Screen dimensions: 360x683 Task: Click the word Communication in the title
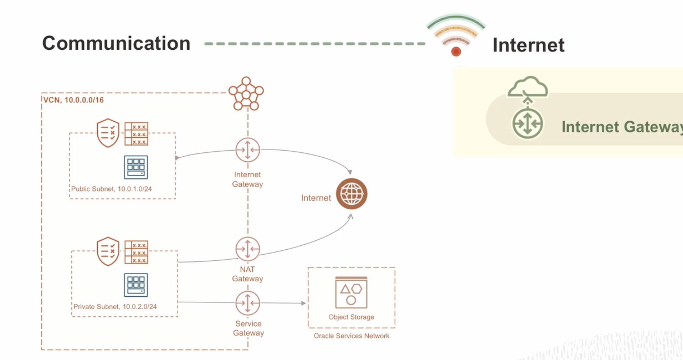coord(116,43)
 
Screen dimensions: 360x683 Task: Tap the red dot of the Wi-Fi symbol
coord(456,52)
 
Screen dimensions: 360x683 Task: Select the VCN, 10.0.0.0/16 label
coord(74,100)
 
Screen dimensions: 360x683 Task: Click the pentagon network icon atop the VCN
coord(246,94)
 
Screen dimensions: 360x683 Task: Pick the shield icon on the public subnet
coord(108,133)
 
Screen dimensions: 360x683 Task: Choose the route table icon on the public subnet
coord(136,134)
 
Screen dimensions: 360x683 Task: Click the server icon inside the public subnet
coord(136,167)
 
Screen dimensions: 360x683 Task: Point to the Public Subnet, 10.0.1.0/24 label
coord(111,189)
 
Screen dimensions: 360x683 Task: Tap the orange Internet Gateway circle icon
coord(247,150)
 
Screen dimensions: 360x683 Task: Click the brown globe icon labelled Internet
coord(351,194)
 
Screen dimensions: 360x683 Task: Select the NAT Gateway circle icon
coord(247,249)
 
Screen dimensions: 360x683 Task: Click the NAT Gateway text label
coord(247,274)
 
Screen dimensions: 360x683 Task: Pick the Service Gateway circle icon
coord(247,303)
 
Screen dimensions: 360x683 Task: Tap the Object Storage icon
coord(351,292)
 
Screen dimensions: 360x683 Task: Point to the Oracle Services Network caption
coord(351,336)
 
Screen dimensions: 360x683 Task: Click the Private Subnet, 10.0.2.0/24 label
coord(115,307)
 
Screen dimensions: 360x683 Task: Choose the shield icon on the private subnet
coord(108,251)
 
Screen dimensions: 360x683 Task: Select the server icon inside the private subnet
coord(136,285)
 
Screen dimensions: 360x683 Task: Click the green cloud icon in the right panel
coord(527,87)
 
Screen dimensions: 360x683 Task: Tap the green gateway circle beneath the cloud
coord(527,123)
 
